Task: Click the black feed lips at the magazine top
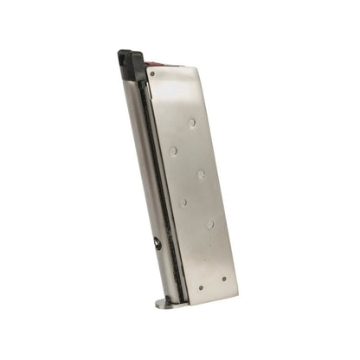131,62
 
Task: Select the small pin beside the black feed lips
152,74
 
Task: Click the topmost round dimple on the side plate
192,124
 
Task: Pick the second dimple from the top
174,151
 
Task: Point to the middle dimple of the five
202,174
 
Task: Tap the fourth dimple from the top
183,202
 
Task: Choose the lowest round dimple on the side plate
210,224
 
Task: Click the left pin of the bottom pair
200,287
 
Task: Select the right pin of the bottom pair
224,280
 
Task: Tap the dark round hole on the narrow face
157,244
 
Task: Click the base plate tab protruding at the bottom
164,304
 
